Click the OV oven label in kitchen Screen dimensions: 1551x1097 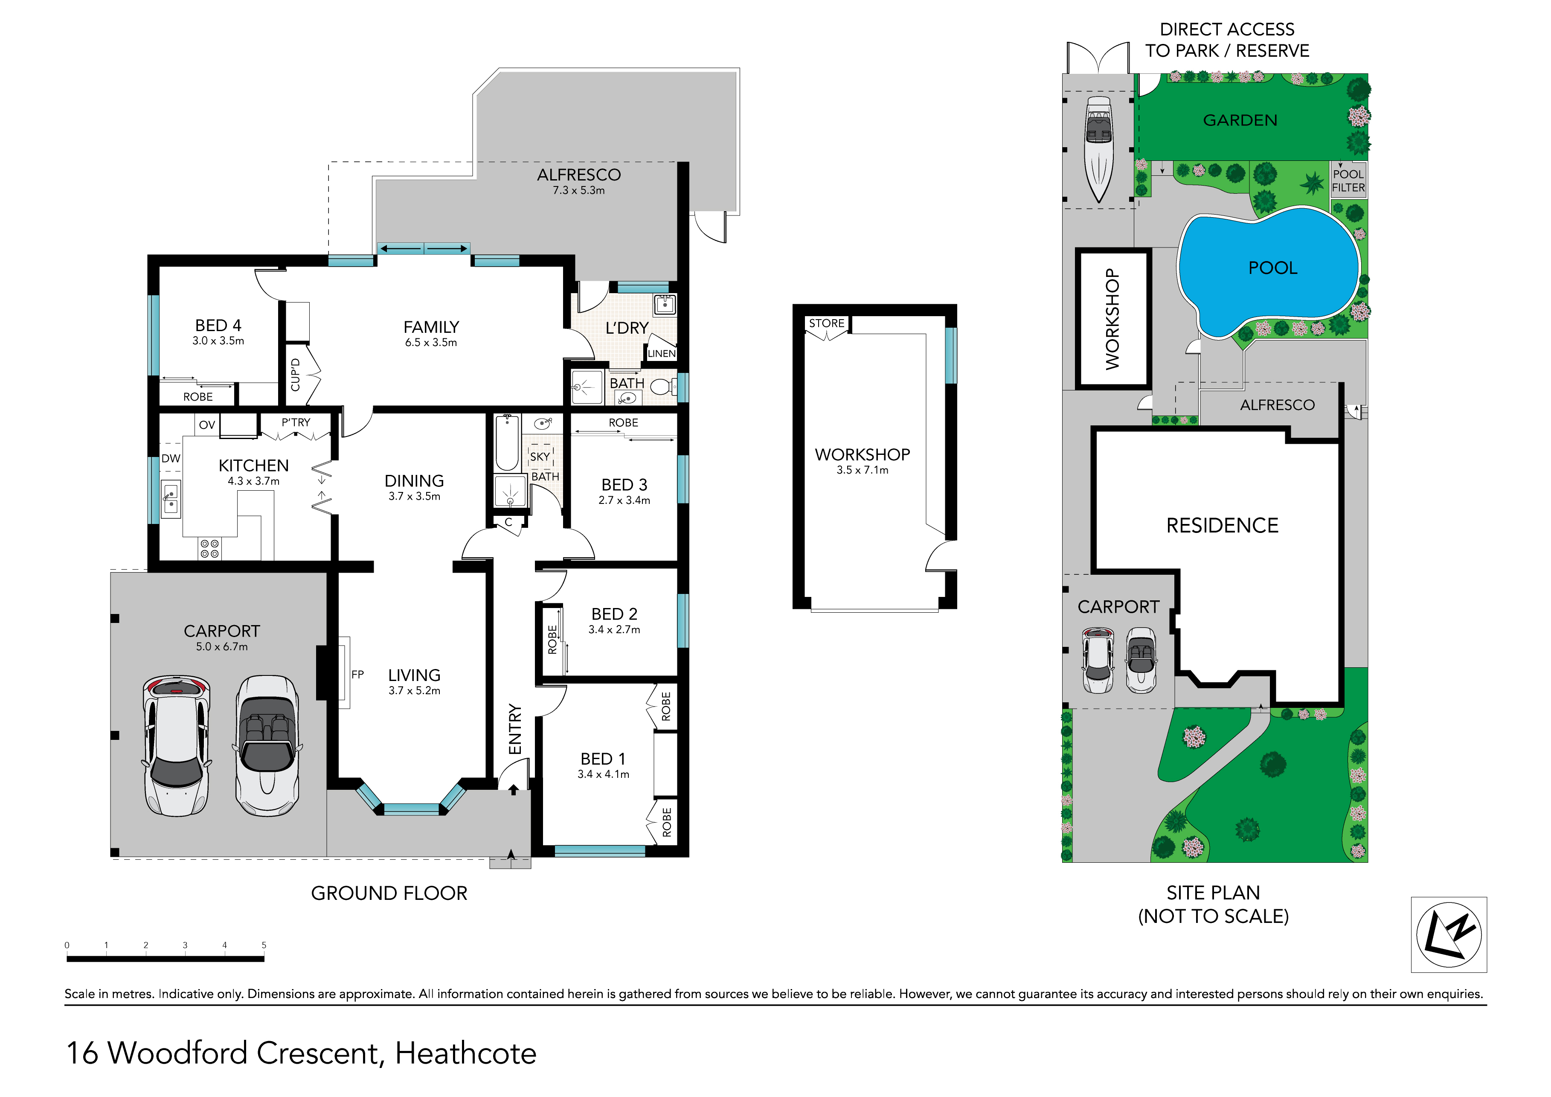pyautogui.click(x=207, y=425)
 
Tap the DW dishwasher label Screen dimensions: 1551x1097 pyautogui.click(x=171, y=458)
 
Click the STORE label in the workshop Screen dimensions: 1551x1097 pyautogui.click(x=826, y=323)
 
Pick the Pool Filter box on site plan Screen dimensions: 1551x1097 pyautogui.click(x=1348, y=180)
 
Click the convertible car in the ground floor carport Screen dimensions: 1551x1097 pyautogui.click(x=267, y=745)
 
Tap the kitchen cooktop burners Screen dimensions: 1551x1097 pyautogui.click(x=209, y=548)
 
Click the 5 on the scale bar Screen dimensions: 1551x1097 pyautogui.click(x=264, y=945)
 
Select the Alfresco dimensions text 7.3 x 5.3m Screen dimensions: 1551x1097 pyautogui.click(x=578, y=191)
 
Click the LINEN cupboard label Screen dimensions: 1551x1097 pyautogui.click(x=661, y=353)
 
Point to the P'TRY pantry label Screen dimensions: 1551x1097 pyautogui.click(x=296, y=422)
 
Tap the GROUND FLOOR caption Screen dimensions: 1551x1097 pyautogui.click(x=389, y=893)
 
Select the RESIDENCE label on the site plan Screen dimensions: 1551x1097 pyautogui.click(x=1222, y=525)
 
